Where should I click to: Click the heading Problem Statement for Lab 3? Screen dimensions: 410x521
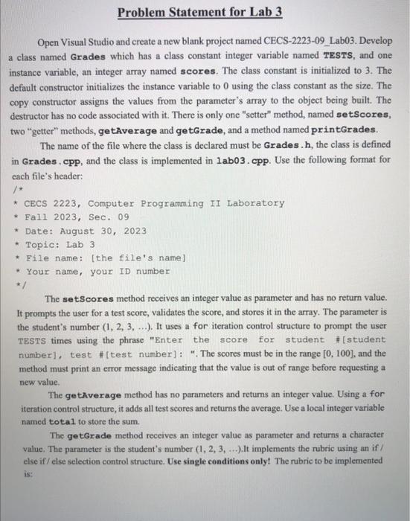pos(205,13)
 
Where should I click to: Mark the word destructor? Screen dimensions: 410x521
pos(36,115)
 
